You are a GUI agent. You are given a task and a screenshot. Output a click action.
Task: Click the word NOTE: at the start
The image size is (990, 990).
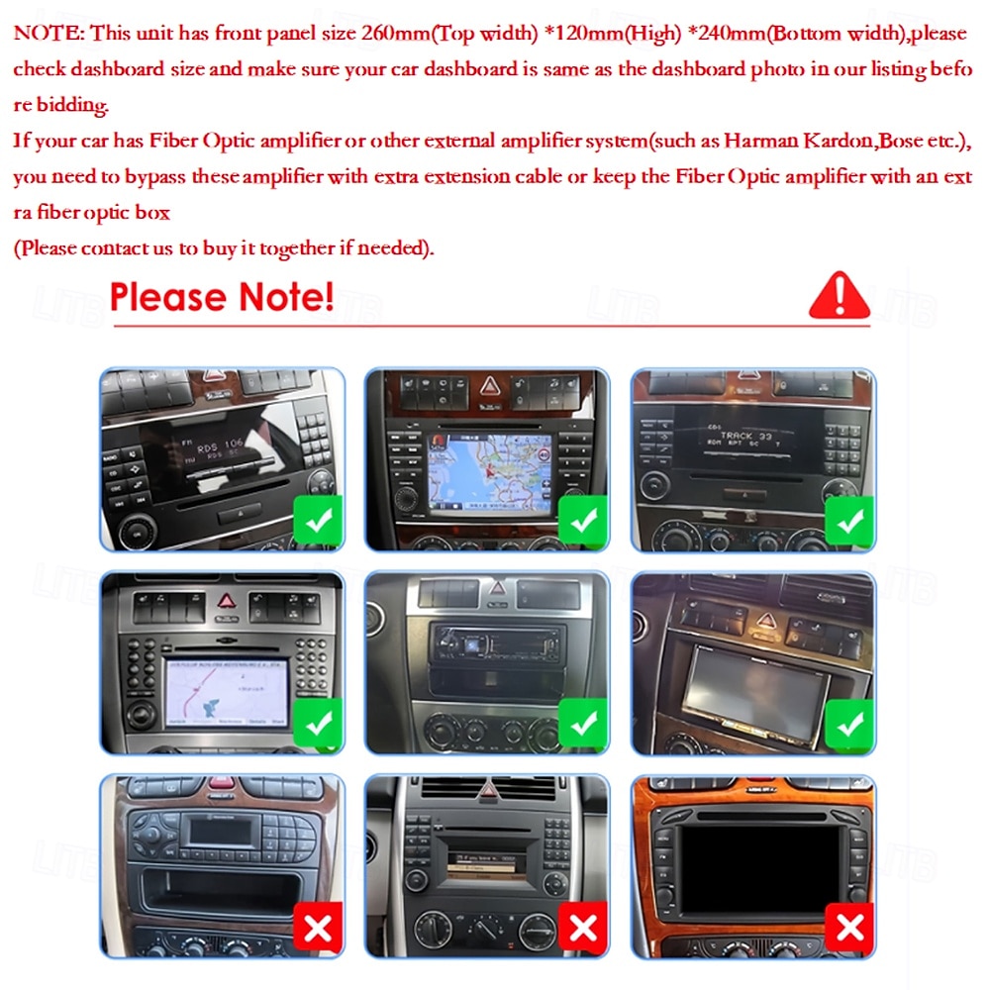[x=49, y=33]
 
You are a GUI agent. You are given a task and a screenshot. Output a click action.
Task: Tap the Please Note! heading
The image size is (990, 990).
[x=222, y=296]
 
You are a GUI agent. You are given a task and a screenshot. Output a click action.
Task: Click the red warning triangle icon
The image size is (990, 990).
[x=839, y=296]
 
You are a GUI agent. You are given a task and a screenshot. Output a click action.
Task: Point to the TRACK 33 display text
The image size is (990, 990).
[x=748, y=436]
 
